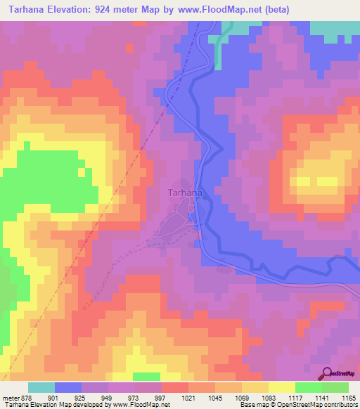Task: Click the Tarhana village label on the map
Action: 186,193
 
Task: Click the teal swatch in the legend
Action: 41,387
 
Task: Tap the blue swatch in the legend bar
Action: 68,387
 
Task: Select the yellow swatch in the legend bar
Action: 282,387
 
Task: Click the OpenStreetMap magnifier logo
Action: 328,373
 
